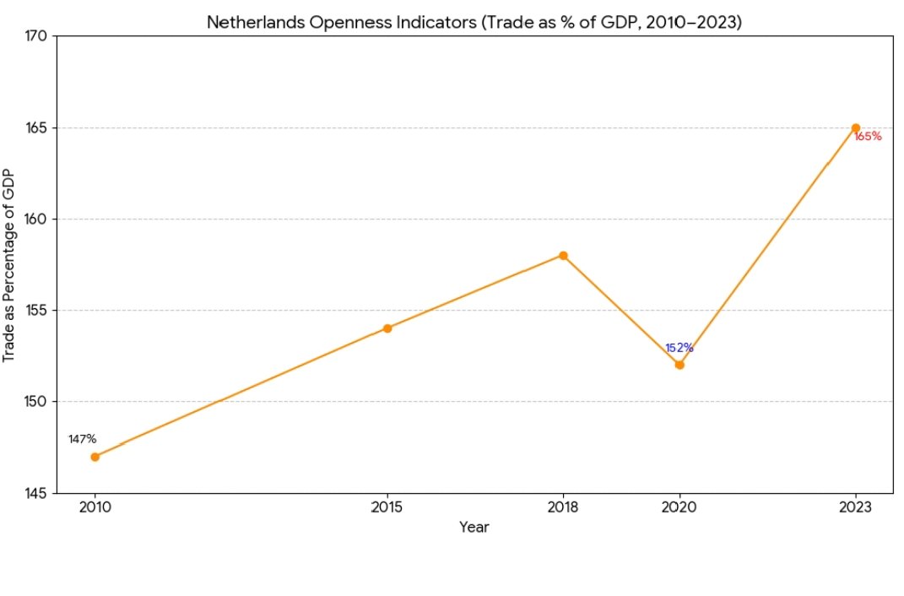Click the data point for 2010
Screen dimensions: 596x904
pyautogui.click(x=95, y=457)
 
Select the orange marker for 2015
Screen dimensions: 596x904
pyautogui.click(x=387, y=328)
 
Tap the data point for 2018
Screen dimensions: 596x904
pyautogui.click(x=563, y=256)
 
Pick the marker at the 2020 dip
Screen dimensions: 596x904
pyautogui.click(x=679, y=365)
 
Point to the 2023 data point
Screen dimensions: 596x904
pyautogui.click(x=856, y=128)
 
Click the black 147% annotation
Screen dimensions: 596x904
pyautogui.click(x=83, y=439)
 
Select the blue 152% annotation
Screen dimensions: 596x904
pyautogui.click(x=679, y=348)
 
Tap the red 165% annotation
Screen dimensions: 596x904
pyautogui.click(x=868, y=137)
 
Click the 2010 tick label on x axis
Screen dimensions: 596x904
pyautogui.click(x=95, y=508)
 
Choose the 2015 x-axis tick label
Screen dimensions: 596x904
pyautogui.click(x=387, y=508)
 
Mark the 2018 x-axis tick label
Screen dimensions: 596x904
pyautogui.click(x=563, y=508)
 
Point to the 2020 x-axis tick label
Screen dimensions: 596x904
pyautogui.click(x=679, y=508)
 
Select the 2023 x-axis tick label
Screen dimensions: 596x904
pyautogui.click(x=856, y=508)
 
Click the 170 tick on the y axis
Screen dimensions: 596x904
pyautogui.click(x=38, y=37)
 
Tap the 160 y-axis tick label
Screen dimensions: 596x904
pyautogui.click(x=38, y=219)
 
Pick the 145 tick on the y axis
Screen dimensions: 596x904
pyautogui.click(x=38, y=493)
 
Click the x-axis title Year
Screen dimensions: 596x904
pyautogui.click(x=474, y=528)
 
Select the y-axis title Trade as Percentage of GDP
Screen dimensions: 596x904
pyautogui.click(x=9, y=265)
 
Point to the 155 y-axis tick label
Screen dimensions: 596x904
pyautogui.click(x=38, y=311)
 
